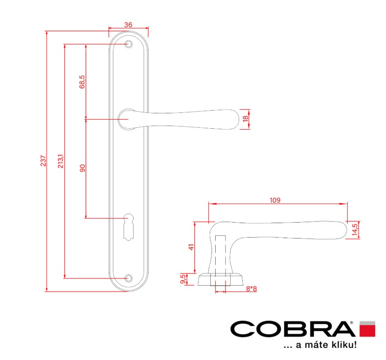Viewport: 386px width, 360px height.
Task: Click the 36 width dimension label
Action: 128,24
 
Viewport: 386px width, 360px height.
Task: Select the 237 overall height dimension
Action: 43,161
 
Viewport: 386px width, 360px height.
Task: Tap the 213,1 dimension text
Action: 61,161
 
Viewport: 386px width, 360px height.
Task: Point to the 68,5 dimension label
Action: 82,82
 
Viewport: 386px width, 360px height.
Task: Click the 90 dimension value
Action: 82,168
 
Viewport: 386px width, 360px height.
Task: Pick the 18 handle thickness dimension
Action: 246,119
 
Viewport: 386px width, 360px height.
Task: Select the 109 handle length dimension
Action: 275,200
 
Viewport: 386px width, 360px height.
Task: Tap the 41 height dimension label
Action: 191,247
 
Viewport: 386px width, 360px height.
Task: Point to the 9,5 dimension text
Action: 183,279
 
